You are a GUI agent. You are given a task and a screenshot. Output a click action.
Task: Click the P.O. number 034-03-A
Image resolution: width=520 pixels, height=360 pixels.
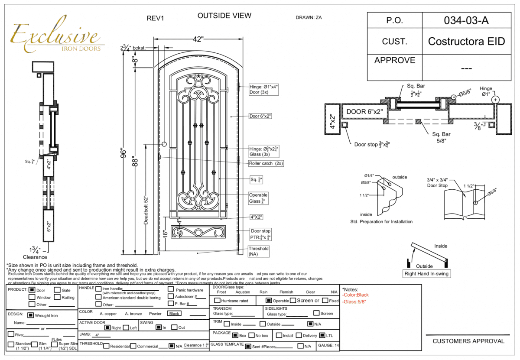pyautogui.click(x=467, y=20)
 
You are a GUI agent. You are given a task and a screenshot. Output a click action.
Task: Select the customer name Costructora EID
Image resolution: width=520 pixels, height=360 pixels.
pyautogui.click(x=467, y=42)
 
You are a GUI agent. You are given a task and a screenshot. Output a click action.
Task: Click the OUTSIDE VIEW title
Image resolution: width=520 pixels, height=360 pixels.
pyautogui.click(x=224, y=16)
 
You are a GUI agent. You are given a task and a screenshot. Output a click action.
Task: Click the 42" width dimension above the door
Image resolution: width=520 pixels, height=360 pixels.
pyautogui.click(x=198, y=39)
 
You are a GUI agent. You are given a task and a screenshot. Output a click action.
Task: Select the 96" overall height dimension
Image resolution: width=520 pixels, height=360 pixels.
pyautogui.click(x=125, y=154)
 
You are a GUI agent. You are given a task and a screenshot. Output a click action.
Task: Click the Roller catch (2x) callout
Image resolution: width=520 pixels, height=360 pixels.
pyautogui.click(x=266, y=164)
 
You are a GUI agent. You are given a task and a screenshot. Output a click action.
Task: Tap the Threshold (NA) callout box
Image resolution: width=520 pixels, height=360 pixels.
pyautogui.click(x=259, y=251)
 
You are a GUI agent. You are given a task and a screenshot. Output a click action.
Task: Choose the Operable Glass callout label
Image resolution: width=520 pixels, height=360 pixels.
pyautogui.click(x=258, y=198)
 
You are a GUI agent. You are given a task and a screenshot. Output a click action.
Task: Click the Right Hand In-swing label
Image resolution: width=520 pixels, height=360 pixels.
pyautogui.click(x=426, y=274)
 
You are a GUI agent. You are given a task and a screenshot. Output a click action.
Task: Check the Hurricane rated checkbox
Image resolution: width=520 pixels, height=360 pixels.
pyautogui.click(x=218, y=301)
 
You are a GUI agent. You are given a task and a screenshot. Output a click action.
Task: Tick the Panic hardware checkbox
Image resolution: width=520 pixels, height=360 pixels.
pyautogui.click(x=171, y=289)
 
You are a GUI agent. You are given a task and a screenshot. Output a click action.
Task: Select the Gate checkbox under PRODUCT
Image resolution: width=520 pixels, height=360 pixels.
pyautogui.click(x=57, y=290)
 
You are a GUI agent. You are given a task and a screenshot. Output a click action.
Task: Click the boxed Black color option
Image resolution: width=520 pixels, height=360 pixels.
pyautogui.click(x=174, y=314)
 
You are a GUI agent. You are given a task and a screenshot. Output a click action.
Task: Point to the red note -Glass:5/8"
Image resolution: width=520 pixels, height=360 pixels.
pyautogui.click(x=354, y=302)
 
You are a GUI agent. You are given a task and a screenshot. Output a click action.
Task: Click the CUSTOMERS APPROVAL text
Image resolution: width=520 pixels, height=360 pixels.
pyautogui.click(x=468, y=341)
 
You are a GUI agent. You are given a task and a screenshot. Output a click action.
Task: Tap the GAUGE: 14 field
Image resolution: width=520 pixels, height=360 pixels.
pyautogui.click(x=329, y=345)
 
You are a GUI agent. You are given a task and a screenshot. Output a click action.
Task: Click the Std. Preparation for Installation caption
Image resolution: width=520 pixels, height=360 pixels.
pyautogui.click(x=381, y=221)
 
